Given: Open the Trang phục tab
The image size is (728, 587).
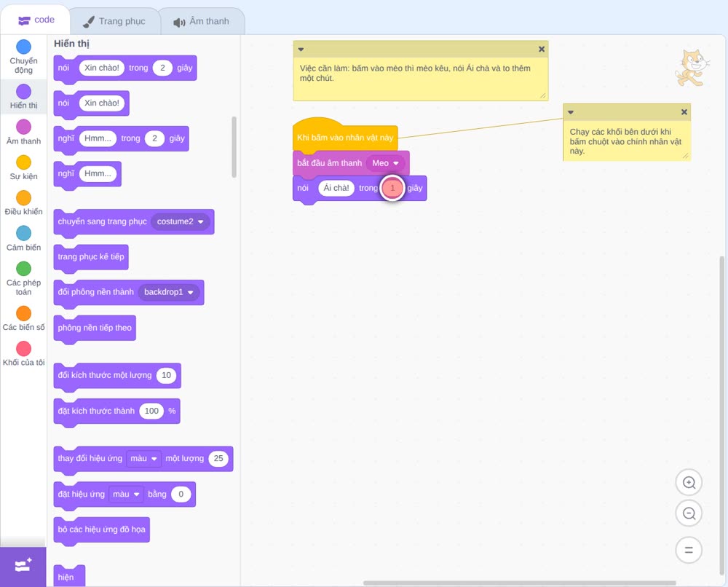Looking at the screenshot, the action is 115,21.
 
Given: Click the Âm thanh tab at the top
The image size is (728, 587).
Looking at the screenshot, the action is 202,21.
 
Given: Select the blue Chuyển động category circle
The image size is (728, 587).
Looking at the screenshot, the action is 24,47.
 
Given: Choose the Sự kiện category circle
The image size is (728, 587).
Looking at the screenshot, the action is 24,162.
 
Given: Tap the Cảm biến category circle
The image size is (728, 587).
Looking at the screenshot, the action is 24,233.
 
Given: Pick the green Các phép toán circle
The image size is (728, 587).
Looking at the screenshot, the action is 24,269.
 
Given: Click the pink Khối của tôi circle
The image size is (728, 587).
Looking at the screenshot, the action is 24,348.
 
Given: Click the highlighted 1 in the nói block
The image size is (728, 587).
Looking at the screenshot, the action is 392,188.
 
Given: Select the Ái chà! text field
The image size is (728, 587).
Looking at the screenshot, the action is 336,188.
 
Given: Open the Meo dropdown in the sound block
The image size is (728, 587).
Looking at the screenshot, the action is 385,163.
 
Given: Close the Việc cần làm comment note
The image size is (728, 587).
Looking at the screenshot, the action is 542,50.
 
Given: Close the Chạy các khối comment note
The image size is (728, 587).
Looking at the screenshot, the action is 684,112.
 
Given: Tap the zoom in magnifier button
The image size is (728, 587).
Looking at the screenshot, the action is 689,483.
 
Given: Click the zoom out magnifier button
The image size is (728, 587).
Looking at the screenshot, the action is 689,513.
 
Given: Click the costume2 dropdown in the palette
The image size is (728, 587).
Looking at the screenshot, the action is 180,221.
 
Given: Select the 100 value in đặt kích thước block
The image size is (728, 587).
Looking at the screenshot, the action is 151,411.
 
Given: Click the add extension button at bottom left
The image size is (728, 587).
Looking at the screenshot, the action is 23,566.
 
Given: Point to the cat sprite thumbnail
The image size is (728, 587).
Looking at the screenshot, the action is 692,68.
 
